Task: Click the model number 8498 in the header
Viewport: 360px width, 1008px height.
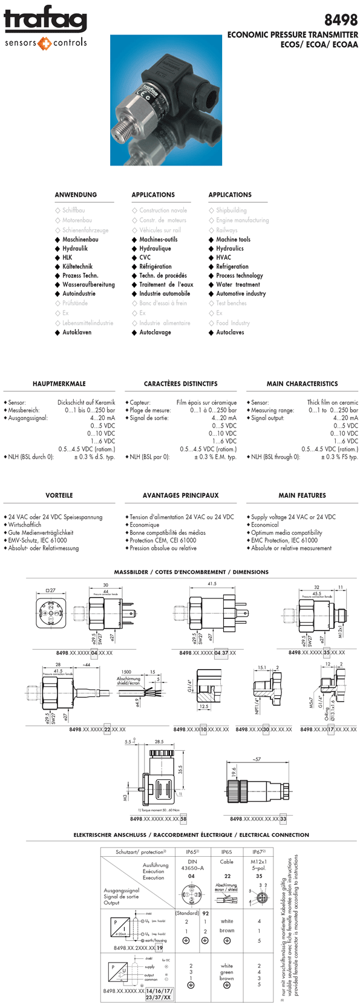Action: (x=341, y=20)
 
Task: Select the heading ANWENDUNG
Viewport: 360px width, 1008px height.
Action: (x=76, y=195)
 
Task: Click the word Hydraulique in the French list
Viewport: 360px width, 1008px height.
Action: (x=155, y=248)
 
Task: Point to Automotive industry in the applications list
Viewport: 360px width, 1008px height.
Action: (x=241, y=293)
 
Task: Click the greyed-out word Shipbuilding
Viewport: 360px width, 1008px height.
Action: (x=231, y=211)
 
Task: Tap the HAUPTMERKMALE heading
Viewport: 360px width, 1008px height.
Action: (x=59, y=384)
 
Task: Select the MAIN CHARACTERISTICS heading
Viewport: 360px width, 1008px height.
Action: (x=302, y=384)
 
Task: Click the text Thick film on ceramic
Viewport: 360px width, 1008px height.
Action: (x=332, y=402)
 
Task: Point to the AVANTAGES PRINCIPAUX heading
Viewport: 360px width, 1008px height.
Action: (x=180, y=496)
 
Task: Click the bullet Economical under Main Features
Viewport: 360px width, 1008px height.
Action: (x=265, y=525)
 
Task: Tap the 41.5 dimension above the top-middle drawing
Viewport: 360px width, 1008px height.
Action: (x=212, y=584)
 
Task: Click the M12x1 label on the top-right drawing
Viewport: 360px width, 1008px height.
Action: (x=340, y=631)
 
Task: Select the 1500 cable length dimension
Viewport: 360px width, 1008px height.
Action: (x=126, y=672)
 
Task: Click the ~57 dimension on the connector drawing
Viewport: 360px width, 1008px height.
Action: (x=256, y=759)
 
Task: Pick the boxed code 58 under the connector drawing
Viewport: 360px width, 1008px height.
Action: (x=183, y=819)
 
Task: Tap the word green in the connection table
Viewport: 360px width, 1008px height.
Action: (x=227, y=972)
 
